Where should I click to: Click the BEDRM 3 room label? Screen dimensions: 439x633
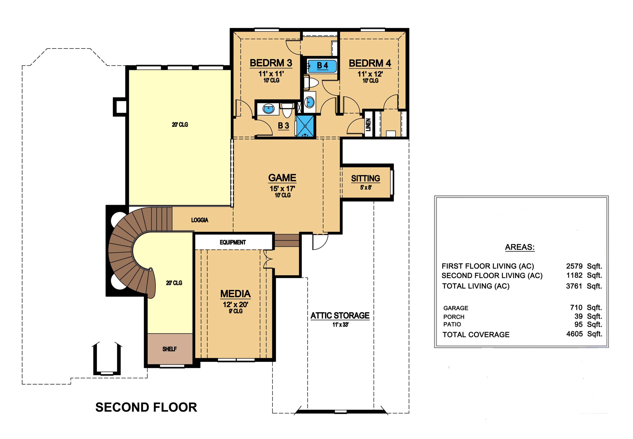[x=271, y=63]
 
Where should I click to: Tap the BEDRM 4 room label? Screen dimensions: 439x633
[x=370, y=63]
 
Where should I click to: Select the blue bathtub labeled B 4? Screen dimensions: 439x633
[x=322, y=66]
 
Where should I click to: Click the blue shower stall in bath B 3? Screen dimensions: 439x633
[x=305, y=126]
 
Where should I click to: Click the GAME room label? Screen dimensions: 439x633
[x=282, y=178]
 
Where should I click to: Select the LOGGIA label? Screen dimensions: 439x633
[x=200, y=220]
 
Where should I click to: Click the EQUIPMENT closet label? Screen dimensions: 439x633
[x=233, y=242]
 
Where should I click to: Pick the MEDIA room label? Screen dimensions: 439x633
[x=235, y=294]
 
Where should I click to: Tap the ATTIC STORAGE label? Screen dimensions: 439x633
[x=340, y=316]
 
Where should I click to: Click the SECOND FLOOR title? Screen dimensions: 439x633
[x=146, y=407]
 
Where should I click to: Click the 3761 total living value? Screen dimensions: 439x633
[x=574, y=286]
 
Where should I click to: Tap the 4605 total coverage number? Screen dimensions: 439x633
[x=574, y=334]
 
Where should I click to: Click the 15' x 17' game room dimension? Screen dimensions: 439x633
[x=282, y=189]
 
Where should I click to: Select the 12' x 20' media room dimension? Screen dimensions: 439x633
[x=235, y=304]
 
